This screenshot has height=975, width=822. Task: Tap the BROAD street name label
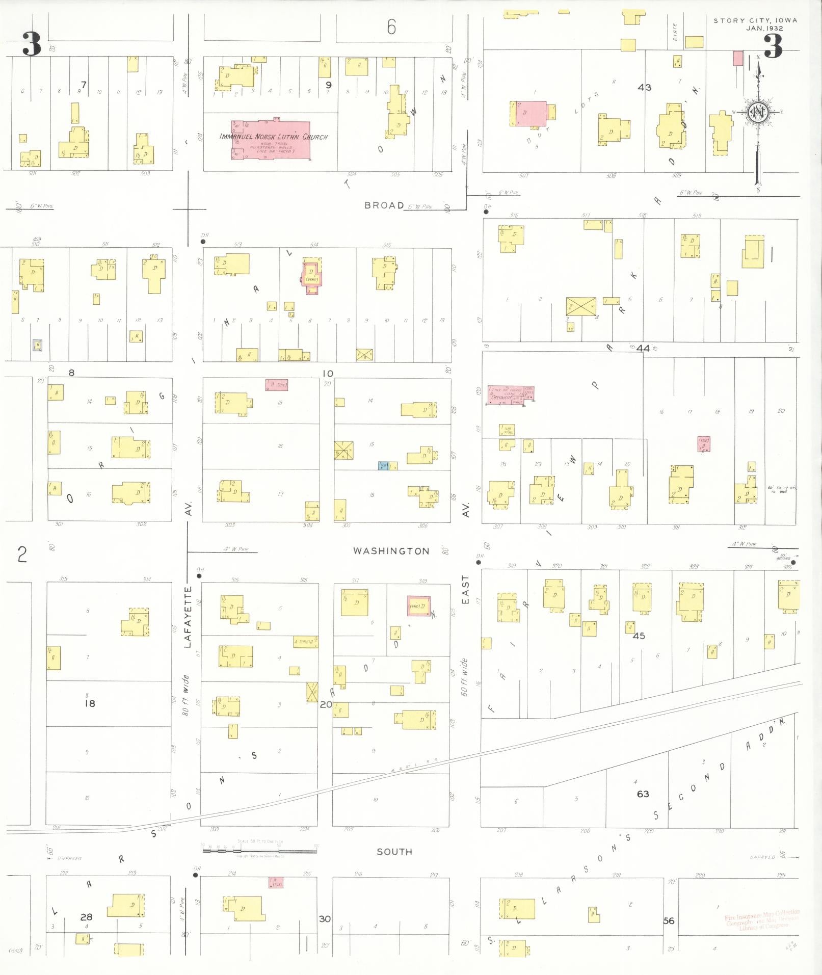[x=384, y=205]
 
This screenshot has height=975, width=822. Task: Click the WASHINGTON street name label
[x=391, y=551]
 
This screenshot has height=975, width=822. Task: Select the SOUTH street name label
[x=394, y=852]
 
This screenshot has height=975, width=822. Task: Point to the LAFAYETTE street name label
[x=187, y=617]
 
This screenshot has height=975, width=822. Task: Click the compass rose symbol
[x=758, y=113]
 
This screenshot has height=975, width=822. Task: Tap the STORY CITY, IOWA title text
[x=755, y=20]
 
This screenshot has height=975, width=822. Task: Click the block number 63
[x=643, y=794]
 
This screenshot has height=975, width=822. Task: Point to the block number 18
[x=90, y=703]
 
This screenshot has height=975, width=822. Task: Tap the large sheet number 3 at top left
[x=32, y=44]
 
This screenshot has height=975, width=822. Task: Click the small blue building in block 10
[x=383, y=465]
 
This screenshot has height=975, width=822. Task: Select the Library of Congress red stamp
[x=762, y=920]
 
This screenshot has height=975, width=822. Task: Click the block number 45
[x=639, y=636]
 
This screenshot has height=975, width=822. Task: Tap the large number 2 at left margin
[x=22, y=554]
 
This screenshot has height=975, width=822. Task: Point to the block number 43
[x=644, y=87]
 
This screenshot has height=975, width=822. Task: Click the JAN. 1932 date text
[x=764, y=29]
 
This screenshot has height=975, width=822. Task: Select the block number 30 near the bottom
[x=325, y=918]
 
